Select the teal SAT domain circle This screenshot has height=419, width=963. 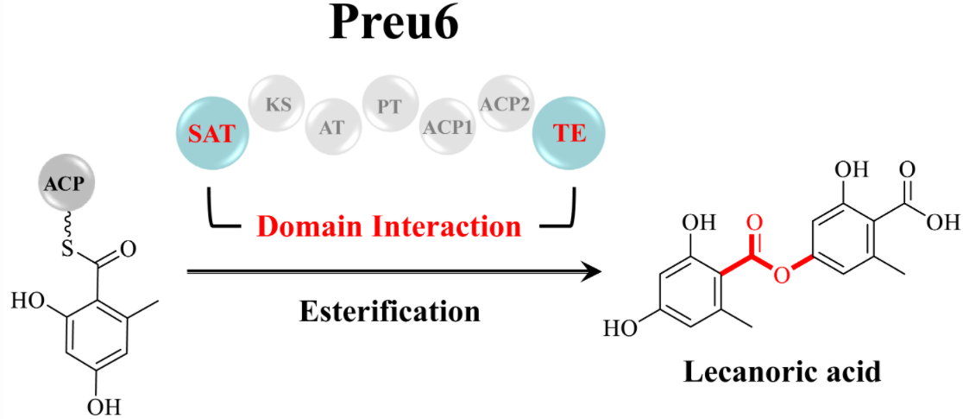[211, 135]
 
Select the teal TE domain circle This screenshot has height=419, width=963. [570, 135]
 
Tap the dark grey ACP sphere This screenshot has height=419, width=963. [66, 183]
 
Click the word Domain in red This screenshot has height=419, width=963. [306, 226]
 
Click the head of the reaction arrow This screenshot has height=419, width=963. [592, 273]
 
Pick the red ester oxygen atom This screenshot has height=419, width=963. [780, 275]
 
